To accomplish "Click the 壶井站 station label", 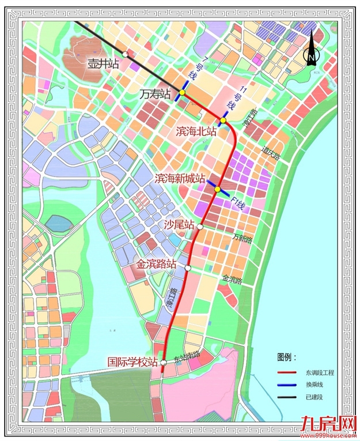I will (x=103, y=65).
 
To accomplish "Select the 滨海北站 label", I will (x=196, y=132).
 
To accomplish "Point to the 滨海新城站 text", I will (x=180, y=179).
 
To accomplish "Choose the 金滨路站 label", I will (x=156, y=265).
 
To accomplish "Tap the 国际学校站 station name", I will (x=133, y=362).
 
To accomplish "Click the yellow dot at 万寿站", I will (x=182, y=92).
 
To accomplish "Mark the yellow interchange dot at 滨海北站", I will (x=222, y=121).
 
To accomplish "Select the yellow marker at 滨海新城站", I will (x=218, y=189).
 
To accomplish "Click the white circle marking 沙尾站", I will (x=200, y=227).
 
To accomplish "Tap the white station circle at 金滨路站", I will (x=188, y=267).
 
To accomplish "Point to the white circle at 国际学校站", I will (x=164, y=363).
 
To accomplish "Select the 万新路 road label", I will (x=242, y=237).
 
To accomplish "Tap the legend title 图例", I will (x=286, y=359).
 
